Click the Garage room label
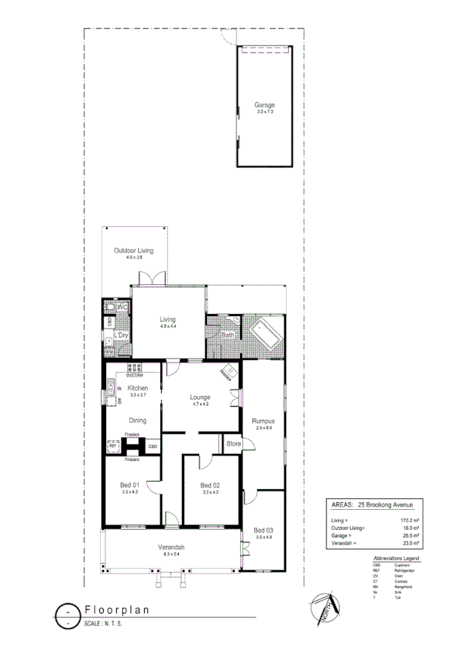(265, 105)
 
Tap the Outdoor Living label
(134, 251)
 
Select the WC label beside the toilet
(122, 308)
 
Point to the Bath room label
(228, 335)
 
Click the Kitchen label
(138, 388)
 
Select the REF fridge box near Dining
(112, 446)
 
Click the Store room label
(233, 445)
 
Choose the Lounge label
(201, 397)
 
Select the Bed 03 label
(265, 529)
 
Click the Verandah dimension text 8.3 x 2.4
(173, 554)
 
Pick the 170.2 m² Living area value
(408, 520)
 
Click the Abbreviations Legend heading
(396, 558)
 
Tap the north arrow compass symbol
(324, 609)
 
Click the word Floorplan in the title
(116, 610)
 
